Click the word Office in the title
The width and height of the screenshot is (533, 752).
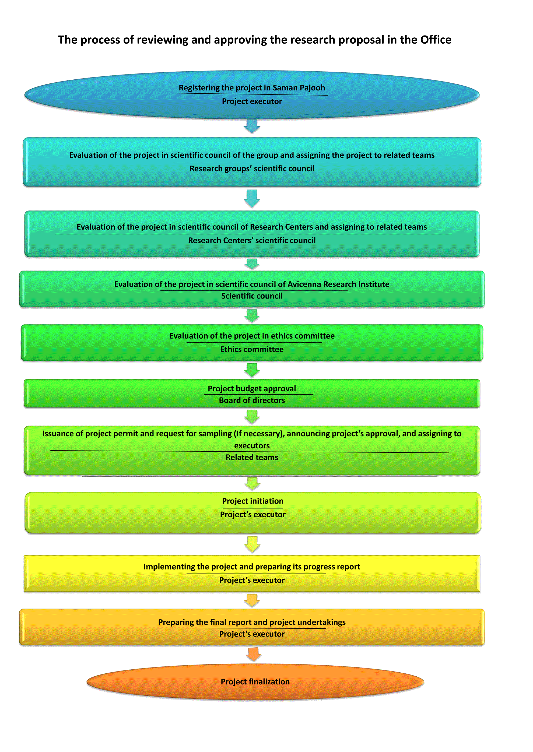click(436, 40)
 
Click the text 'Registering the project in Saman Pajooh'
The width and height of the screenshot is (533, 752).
click(252, 88)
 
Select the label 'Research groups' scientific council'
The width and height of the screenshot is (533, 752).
click(252, 169)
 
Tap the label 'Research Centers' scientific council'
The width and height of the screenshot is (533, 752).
click(252, 241)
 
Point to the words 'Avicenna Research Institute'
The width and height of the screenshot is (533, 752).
click(338, 284)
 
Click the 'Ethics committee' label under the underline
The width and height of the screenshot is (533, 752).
click(252, 349)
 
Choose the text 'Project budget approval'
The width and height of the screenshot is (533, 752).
click(252, 389)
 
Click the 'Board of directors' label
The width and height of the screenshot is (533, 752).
click(252, 400)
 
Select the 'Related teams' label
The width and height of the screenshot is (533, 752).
click(252, 457)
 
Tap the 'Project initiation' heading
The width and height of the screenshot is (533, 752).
click(253, 501)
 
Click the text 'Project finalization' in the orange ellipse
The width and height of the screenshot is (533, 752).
click(255, 681)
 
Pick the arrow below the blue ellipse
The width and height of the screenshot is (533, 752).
click(252, 126)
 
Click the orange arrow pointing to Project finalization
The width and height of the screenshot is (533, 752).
click(253, 654)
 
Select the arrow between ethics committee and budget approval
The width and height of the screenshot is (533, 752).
click(252, 370)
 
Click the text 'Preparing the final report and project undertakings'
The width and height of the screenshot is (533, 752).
click(252, 622)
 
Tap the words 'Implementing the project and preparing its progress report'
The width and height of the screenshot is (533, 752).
click(252, 567)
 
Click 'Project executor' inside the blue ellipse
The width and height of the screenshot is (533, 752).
click(252, 101)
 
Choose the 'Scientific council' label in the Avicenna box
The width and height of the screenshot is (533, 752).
click(252, 296)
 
